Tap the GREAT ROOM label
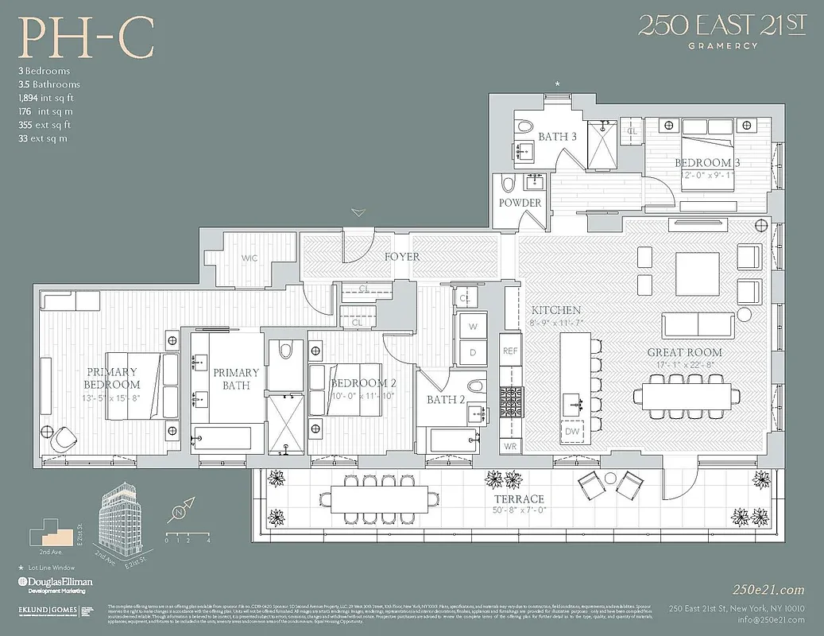[684, 352]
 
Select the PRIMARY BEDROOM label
[111, 378]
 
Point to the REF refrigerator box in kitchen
[509, 350]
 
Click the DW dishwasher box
[572, 431]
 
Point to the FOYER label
[402, 257]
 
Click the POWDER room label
[520, 203]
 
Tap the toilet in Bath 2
[475, 386]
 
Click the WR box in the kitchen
[509, 446]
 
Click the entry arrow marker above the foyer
[359, 213]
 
